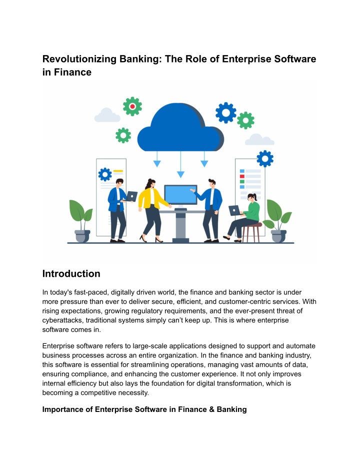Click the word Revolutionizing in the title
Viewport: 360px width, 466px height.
(x=79, y=59)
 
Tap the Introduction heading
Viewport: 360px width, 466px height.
(x=71, y=273)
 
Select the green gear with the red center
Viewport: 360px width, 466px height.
(x=132, y=106)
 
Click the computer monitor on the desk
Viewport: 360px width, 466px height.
(x=180, y=195)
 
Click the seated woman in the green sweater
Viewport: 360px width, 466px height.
(x=243, y=217)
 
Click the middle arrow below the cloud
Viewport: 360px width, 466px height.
(x=180, y=164)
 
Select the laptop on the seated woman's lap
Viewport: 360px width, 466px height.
(x=234, y=210)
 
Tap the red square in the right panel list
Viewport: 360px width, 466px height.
(x=242, y=176)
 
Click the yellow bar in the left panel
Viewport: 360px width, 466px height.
(x=118, y=171)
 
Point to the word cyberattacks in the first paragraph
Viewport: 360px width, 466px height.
(x=62, y=320)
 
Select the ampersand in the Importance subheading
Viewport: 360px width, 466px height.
(x=211, y=409)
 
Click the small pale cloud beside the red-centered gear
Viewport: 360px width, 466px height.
(x=107, y=115)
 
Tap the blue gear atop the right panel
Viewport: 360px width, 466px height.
(x=265, y=158)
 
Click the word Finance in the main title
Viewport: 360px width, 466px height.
(x=72, y=72)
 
